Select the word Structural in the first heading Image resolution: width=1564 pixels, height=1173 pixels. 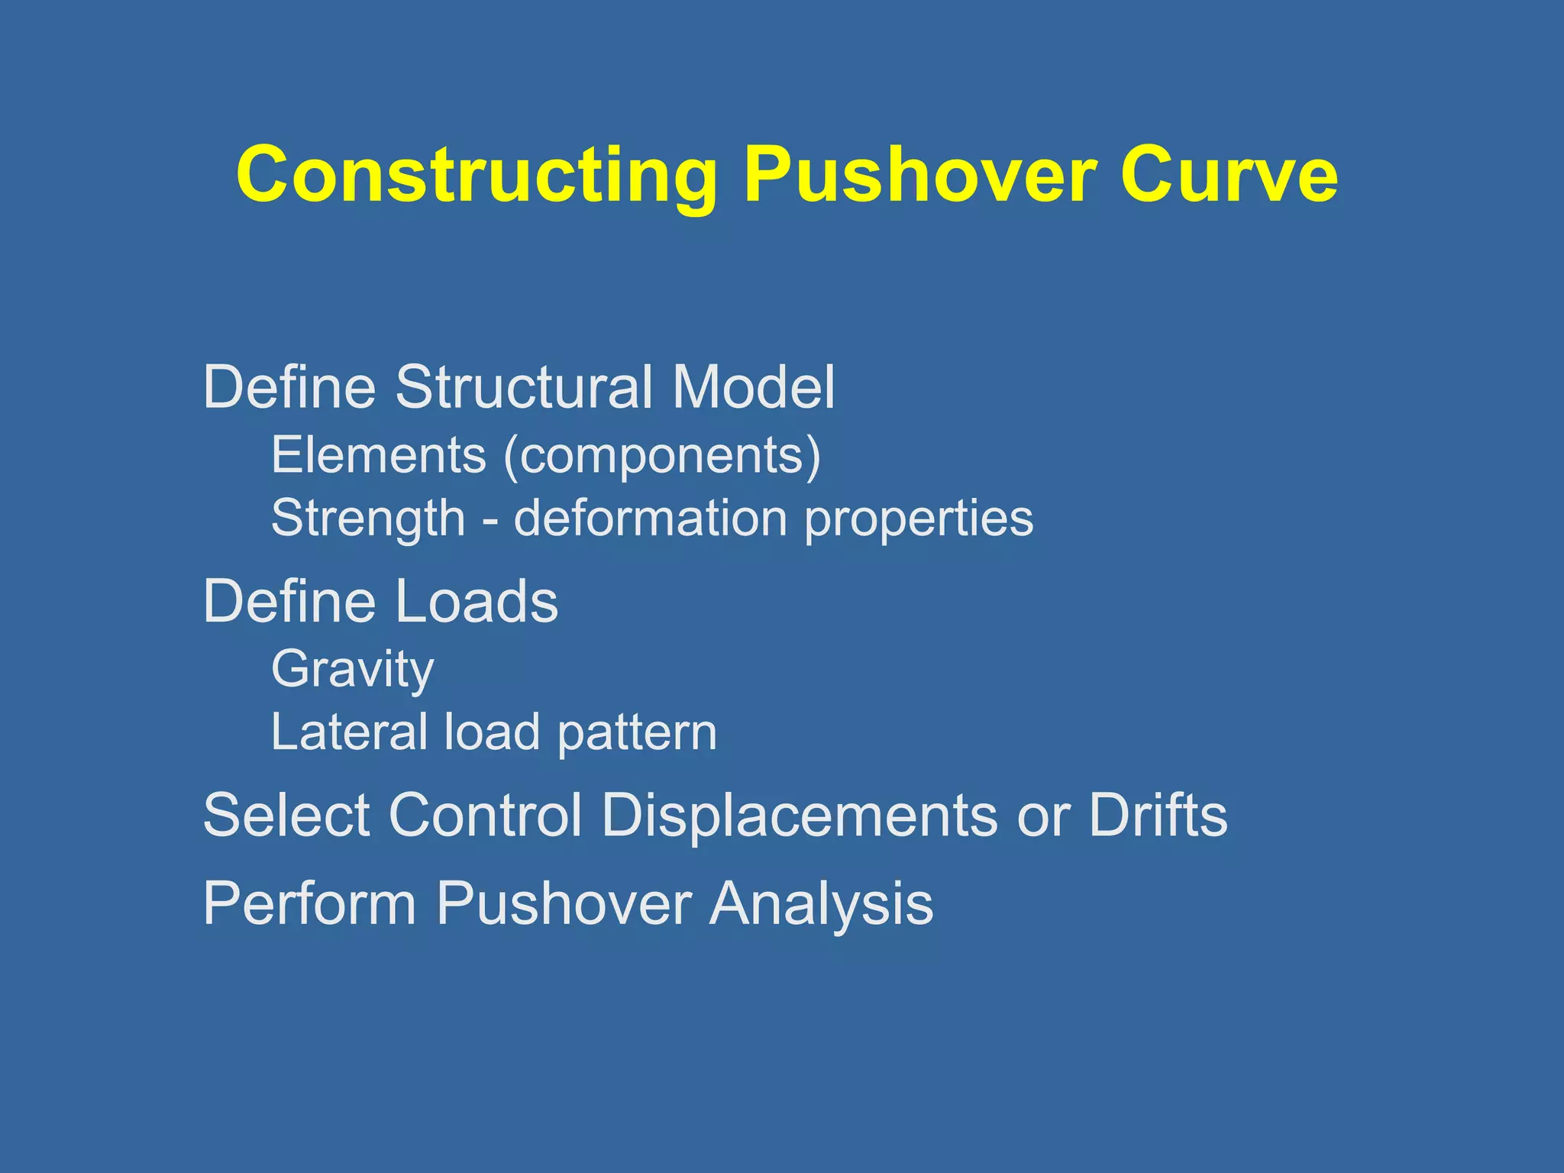[x=524, y=386]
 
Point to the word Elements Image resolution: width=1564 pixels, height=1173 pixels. [x=379, y=455]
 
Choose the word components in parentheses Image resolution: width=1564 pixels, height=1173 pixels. [x=662, y=457]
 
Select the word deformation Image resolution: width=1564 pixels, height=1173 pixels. [x=651, y=518]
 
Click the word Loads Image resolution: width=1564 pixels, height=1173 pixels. [x=477, y=601]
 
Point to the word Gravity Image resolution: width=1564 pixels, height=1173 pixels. [x=353, y=671]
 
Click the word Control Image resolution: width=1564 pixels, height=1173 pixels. [x=486, y=815]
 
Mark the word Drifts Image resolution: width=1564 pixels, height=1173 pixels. [x=1158, y=815]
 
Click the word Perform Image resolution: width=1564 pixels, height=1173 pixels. [x=309, y=903]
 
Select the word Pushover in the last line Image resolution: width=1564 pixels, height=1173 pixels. [x=564, y=903]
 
